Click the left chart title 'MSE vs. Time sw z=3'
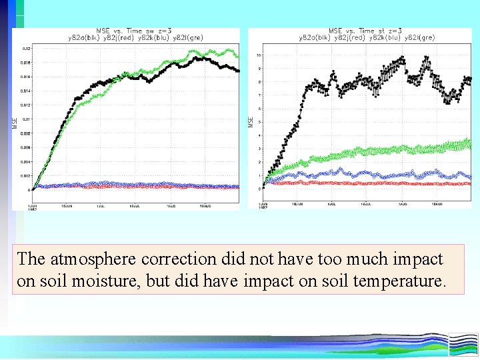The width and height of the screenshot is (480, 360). tap(133, 31)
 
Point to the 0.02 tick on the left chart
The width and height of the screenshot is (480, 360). tap(25, 49)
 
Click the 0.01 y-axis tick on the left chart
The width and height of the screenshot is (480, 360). tap(25, 119)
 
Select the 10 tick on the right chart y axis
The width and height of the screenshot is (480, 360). tap(259, 55)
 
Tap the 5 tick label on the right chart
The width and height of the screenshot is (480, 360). tap(260, 122)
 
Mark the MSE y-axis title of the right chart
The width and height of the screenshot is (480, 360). tap(251, 122)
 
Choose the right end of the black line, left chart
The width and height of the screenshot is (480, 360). tap(238, 70)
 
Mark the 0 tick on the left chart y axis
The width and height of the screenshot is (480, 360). tap(29, 190)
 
